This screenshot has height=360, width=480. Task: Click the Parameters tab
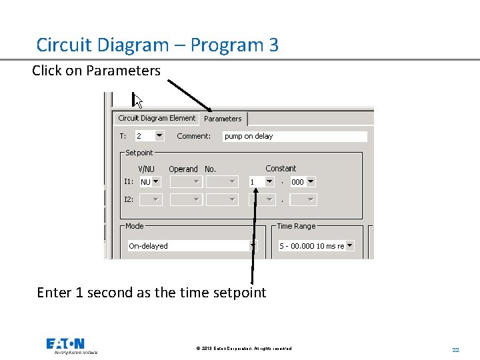click(223, 119)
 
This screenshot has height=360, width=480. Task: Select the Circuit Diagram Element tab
click(157, 118)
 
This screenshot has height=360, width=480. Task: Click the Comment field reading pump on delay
click(294, 136)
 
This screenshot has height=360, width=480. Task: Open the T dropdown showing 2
click(149, 136)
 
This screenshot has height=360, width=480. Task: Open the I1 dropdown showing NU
click(150, 181)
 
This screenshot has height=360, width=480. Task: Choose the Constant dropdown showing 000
click(303, 181)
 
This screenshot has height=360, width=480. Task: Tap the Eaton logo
click(65, 345)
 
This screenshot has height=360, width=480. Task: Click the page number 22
click(456, 350)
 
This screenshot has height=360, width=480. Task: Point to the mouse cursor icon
click(138, 101)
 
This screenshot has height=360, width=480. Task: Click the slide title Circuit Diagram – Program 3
click(157, 45)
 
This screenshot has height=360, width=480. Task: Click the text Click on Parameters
click(96, 71)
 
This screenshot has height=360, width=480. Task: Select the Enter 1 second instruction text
click(151, 293)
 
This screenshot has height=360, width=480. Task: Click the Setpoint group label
click(139, 153)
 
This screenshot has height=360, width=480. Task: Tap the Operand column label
click(183, 169)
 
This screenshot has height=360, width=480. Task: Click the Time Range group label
click(296, 226)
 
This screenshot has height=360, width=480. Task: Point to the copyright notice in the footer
click(243, 349)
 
